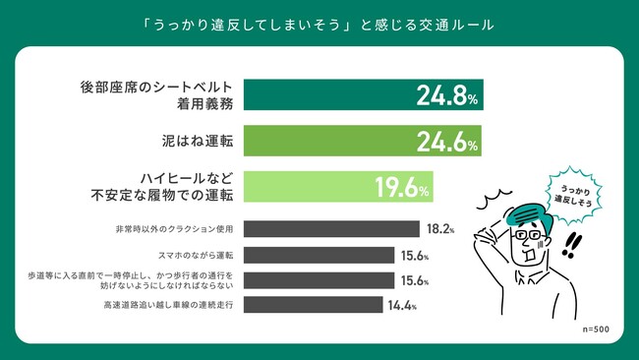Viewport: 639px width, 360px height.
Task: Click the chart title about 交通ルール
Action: point(319,22)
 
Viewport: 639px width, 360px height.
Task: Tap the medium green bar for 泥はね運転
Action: point(324,142)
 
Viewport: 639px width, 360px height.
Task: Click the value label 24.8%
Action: point(445,94)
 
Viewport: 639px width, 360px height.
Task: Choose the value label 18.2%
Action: point(439,230)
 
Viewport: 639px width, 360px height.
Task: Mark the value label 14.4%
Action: point(401,305)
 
